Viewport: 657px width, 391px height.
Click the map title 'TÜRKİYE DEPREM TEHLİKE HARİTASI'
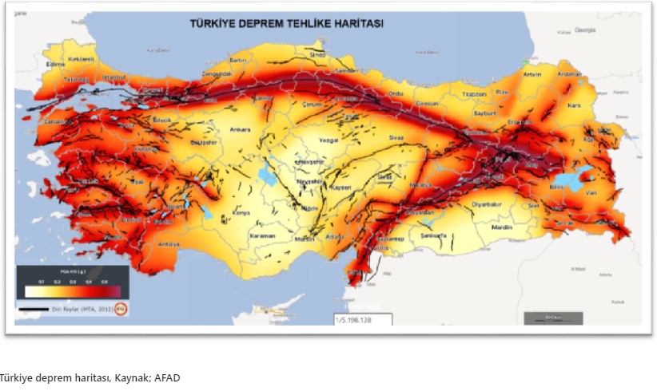coord(286,24)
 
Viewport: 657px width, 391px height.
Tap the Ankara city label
coord(218,129)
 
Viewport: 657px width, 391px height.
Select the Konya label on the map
coord(241,212)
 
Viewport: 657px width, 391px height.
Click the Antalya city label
coord(169,244)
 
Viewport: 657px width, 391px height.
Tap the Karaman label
coord(262,236)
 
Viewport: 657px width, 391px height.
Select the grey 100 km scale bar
coord(548,318)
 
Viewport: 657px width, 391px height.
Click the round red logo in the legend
coord(121,308)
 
